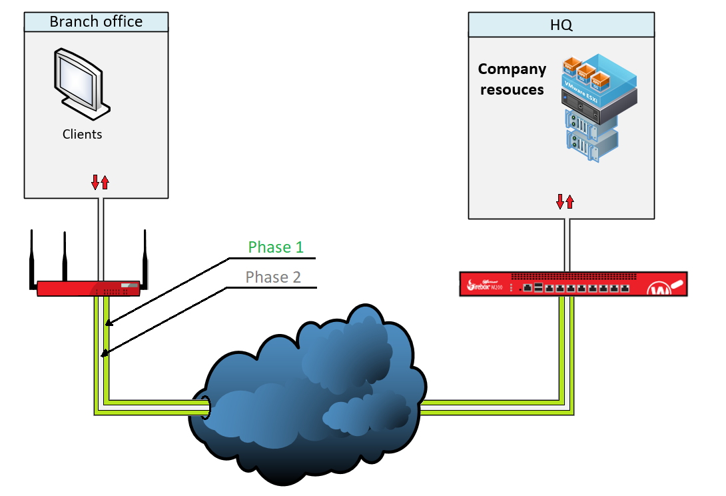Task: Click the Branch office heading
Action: coord(96,21)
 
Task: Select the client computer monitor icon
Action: coord(79,79)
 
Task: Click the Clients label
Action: coord(83,134)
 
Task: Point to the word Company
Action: coord(512,69)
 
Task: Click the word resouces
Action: coord(512,89)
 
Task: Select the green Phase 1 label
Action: coord(276,247)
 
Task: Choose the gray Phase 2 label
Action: coord(273,277)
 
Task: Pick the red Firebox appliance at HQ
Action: coord(573,283)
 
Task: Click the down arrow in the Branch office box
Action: coord(95,181)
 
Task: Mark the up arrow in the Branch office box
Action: coord(105,181)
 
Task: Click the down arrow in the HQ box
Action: coord(561,201)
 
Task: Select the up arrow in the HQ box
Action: coord(570,201)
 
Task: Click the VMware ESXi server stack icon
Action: coord(590,107)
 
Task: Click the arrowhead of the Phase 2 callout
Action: coord(103,354)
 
